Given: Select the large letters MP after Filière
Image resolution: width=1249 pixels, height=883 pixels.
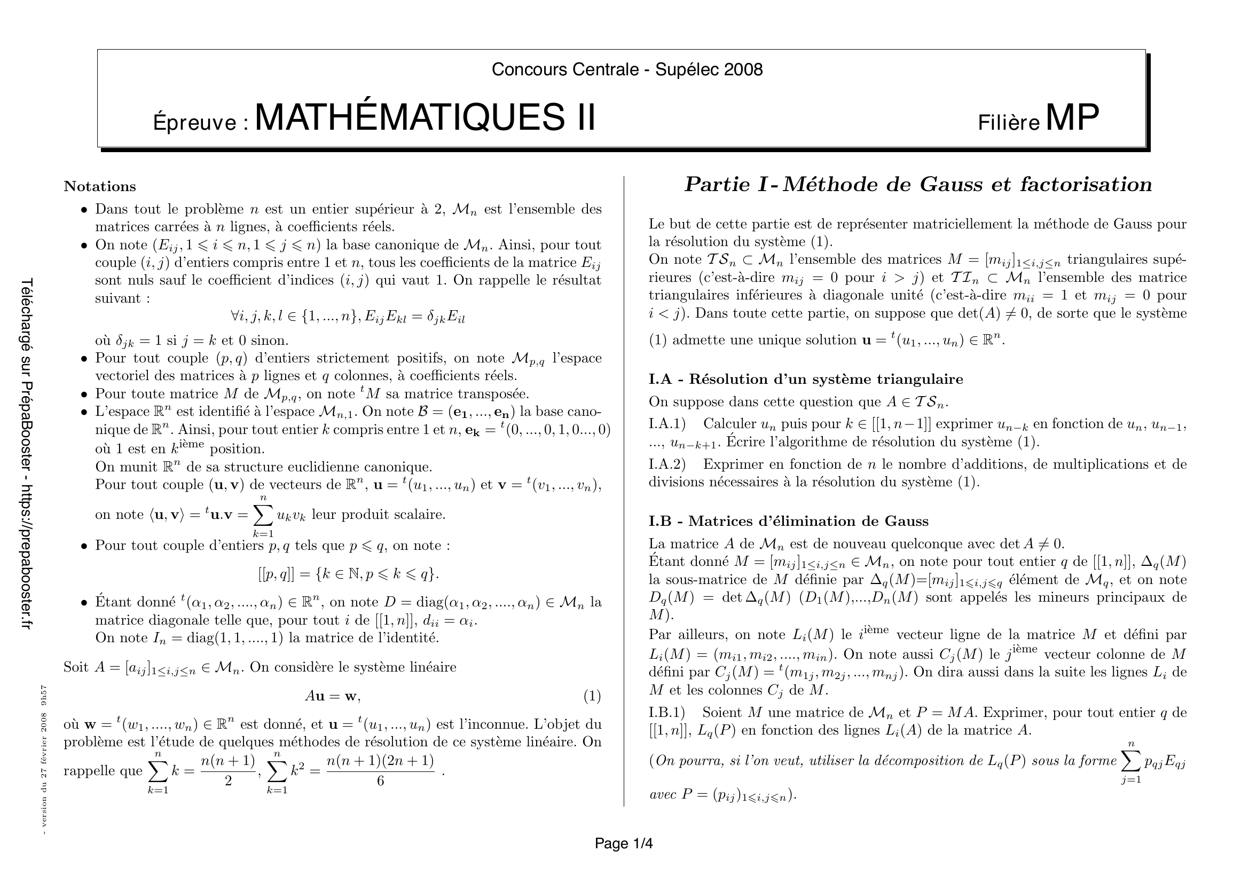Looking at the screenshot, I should [1072, 117].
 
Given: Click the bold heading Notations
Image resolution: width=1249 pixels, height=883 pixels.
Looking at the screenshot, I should [99, 186].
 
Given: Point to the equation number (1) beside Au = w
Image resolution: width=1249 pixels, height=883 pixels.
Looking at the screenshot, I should [592, 696].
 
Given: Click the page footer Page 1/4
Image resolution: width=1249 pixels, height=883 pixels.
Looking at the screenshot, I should [623, 843].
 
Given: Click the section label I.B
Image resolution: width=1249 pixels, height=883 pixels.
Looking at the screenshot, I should [661, 521].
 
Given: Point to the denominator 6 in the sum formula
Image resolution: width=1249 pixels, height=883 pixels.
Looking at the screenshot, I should [380, 781].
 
